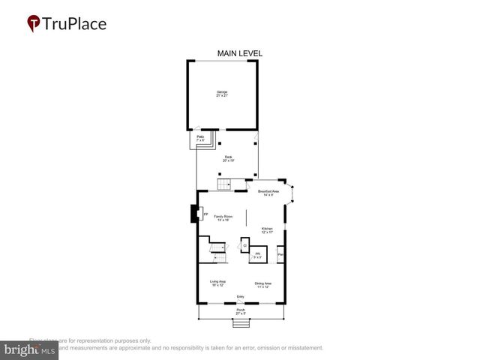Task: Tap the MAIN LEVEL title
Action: (x=239, y=53)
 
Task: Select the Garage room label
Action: (x=222, y=94)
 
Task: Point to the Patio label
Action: (x=200, y=139)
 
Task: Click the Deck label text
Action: (x=228, y=158)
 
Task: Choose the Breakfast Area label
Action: (x=268, y=193)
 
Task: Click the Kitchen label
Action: (x=267, y=230)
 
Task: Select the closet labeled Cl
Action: (x=244, y=245)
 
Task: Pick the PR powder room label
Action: (x=257, y=255)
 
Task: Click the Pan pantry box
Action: (x=280, y=255)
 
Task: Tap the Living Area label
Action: (x=217, y=283)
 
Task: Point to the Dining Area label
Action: (x=263, y=284)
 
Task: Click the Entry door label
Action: (x=241, y=296)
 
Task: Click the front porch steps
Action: (x=240, y=323)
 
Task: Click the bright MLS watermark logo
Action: (x=30, y=349)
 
